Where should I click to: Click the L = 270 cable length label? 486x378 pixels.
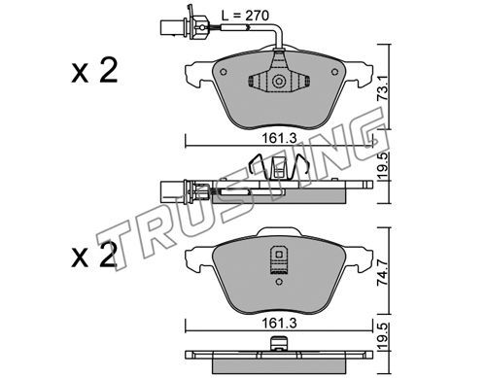pyautogui.click(x=245, y=16)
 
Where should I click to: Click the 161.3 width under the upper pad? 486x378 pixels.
pyautogui.click(x=279, y=139)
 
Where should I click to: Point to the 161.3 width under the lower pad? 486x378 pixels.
pyautogui.click(x=279, y=324)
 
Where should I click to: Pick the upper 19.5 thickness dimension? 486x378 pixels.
pyautogui.click(x=384, y=167)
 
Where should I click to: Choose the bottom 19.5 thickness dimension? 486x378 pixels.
pyautogui.click(x=384, y=337)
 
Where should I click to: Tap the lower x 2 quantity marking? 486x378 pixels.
pyautogui.click(x=94, y=256)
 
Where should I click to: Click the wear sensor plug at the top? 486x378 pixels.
pyautogui.click(x=184, y=26)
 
